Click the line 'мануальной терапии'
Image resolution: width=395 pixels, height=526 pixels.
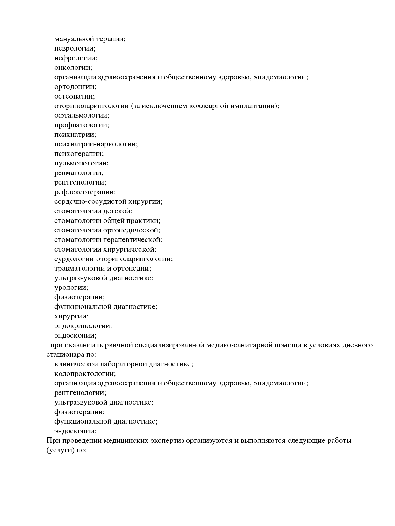pos(90,39)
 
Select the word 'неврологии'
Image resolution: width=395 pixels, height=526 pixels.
pos(75,49)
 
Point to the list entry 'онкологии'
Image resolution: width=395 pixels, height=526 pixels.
pos(73,68)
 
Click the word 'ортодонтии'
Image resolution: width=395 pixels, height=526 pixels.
pos(75,87)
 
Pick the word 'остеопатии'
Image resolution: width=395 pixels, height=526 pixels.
pos(75,97)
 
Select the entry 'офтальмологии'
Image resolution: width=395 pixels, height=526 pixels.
pos(82,116)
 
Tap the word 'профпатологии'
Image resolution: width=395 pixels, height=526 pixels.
pos(82,125)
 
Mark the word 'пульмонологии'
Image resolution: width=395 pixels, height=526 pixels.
pos(82,164)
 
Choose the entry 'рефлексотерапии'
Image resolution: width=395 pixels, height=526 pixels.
pos(85,192)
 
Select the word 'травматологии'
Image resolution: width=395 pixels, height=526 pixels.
pos(79,269)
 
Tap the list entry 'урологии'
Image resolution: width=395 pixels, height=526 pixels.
pos(71,288)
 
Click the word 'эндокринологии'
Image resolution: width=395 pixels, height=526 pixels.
pos(83,326)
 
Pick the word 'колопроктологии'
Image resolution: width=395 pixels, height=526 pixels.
pos(85,374)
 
